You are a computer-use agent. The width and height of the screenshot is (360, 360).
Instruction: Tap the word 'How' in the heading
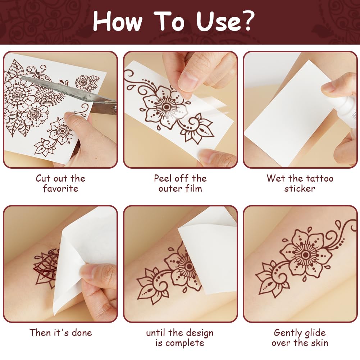tap(118, 21)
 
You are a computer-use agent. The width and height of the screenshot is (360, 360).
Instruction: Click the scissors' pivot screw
tap(114, 109)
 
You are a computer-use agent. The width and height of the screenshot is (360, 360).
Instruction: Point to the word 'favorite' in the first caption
tap(61, 188)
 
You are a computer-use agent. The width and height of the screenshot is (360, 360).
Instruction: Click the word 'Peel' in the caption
tap(163, 178)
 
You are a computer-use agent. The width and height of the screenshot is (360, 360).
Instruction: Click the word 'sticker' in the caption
tap(300, 188)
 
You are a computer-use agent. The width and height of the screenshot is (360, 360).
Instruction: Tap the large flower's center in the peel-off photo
tap(167, 107)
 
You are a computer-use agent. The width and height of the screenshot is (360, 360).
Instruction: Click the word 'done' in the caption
tap(82, 333)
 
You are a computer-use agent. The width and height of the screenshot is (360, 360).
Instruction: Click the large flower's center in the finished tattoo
tap(306, 255)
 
